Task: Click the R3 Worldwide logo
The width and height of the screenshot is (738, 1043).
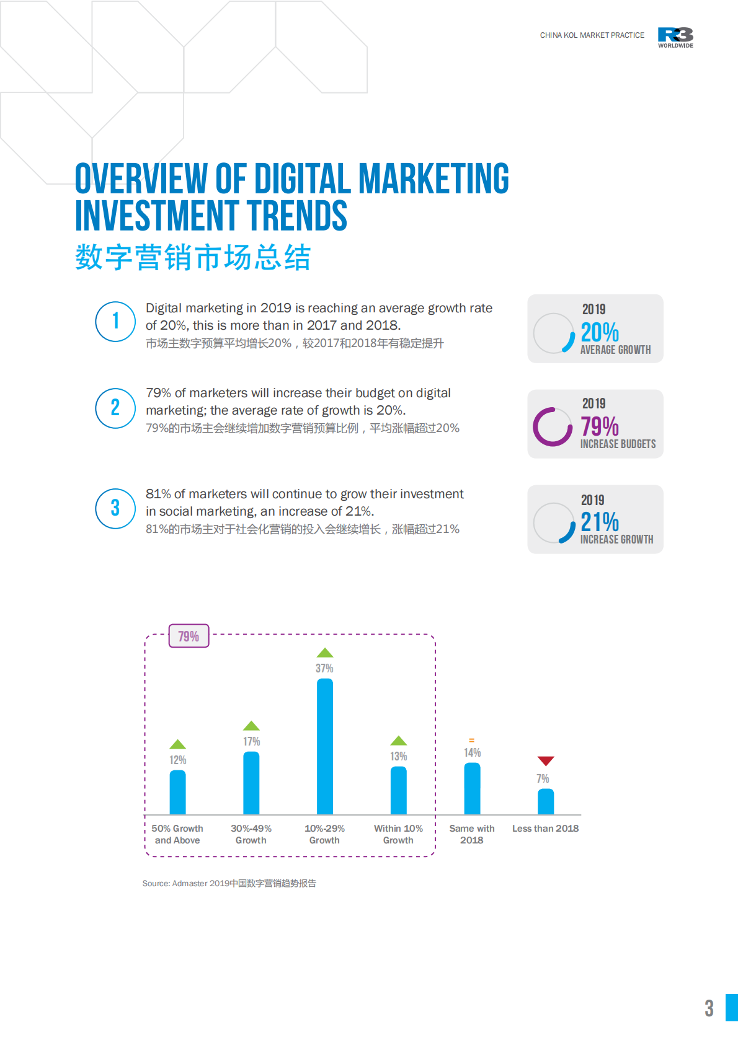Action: click(x=675, y=37)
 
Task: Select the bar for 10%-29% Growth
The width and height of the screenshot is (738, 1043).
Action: click(x=324, y=746)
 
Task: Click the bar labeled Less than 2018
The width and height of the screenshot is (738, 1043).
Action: click(x=545, y=801)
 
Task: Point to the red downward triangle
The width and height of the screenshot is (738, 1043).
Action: click(x=545, y=760)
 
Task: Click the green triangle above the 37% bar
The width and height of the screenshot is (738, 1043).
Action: click(x=324, y=653)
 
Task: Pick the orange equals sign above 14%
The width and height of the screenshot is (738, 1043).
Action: click(x=471, y=741)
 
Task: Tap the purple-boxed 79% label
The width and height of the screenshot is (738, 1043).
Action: click(x=189, y=636)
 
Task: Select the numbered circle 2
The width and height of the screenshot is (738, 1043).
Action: click(x=115, y=408)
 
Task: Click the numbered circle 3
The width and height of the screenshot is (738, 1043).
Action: click(x=115, y=509)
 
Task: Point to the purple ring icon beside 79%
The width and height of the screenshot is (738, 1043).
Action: click(x=552, y=427)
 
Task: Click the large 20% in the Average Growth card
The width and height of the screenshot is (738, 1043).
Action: click(x=600, y=333)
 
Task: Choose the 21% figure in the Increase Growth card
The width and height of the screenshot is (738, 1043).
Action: click(x=600, y=522)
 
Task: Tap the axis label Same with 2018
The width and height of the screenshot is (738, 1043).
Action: click(x=471, y=834)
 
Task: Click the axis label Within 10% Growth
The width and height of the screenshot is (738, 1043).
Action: click(x=398, y=834)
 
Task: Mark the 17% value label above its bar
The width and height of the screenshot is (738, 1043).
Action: click(x=251, y=741)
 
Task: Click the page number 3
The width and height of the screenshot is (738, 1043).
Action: click(x=709, y=1008)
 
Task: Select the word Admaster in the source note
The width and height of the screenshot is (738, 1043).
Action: click(x=190, y=883)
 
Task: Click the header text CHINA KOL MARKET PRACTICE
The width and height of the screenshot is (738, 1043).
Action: click(x=592, y=35)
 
